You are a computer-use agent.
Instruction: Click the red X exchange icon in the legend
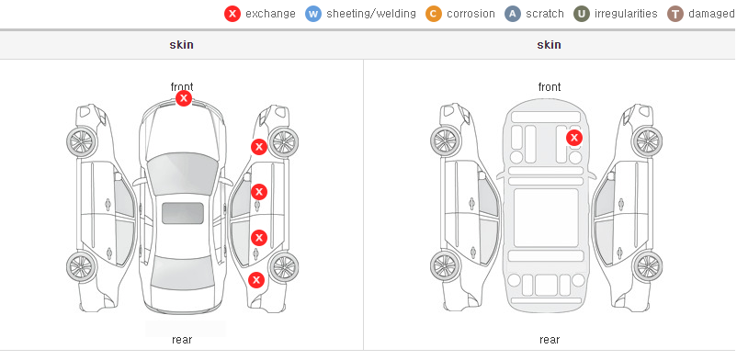(x=232, y=14)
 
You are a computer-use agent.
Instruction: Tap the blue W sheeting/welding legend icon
(x=313, y=14)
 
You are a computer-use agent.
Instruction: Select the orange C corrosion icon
(x=434, y=14)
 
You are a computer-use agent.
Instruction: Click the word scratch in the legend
(x=545, y=14)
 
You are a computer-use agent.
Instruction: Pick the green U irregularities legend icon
(x=582, y=14)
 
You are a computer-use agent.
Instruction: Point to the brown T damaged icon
(x=675, y=14)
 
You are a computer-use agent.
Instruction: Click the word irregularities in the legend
(x=626, y=14)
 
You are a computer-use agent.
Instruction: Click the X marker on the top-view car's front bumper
(x=184, y=98)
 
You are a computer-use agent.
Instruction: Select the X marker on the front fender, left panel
(x=259, y=147)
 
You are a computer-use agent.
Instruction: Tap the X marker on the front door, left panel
(x=259, y=192)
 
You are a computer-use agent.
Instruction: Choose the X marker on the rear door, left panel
(x=259, y=238)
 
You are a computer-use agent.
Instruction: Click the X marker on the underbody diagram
(x=574, y=138)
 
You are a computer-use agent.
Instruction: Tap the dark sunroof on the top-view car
(x=183, y=213)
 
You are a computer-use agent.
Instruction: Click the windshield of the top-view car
(x=182, y=172)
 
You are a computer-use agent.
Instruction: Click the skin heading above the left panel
(x=181, y=45)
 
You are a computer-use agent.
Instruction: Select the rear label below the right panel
(x=550, y=340)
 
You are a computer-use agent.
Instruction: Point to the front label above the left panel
(x=182, y=87)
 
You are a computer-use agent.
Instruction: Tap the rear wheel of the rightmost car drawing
(x=647, y=266)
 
